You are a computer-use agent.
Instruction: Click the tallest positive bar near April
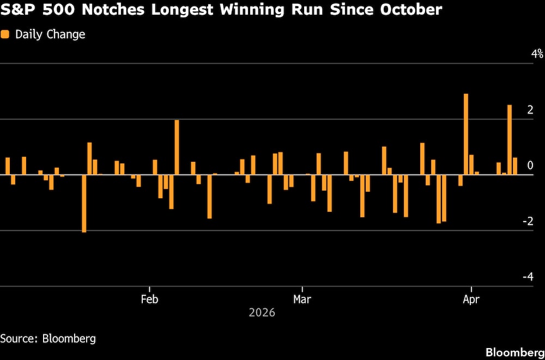point(466,134)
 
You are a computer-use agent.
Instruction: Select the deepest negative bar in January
point(84,203)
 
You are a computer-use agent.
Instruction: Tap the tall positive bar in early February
point(177,147)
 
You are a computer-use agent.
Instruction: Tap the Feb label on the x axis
point(149,299)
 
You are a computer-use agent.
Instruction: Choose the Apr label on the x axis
point(471,299)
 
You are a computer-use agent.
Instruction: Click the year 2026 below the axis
point(262,313)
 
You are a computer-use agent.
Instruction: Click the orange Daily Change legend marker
point(5,34)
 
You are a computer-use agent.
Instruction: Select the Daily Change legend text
point(50,34)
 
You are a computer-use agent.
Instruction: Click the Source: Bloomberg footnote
point(48,338)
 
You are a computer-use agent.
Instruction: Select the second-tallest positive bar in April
point(510,139)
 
